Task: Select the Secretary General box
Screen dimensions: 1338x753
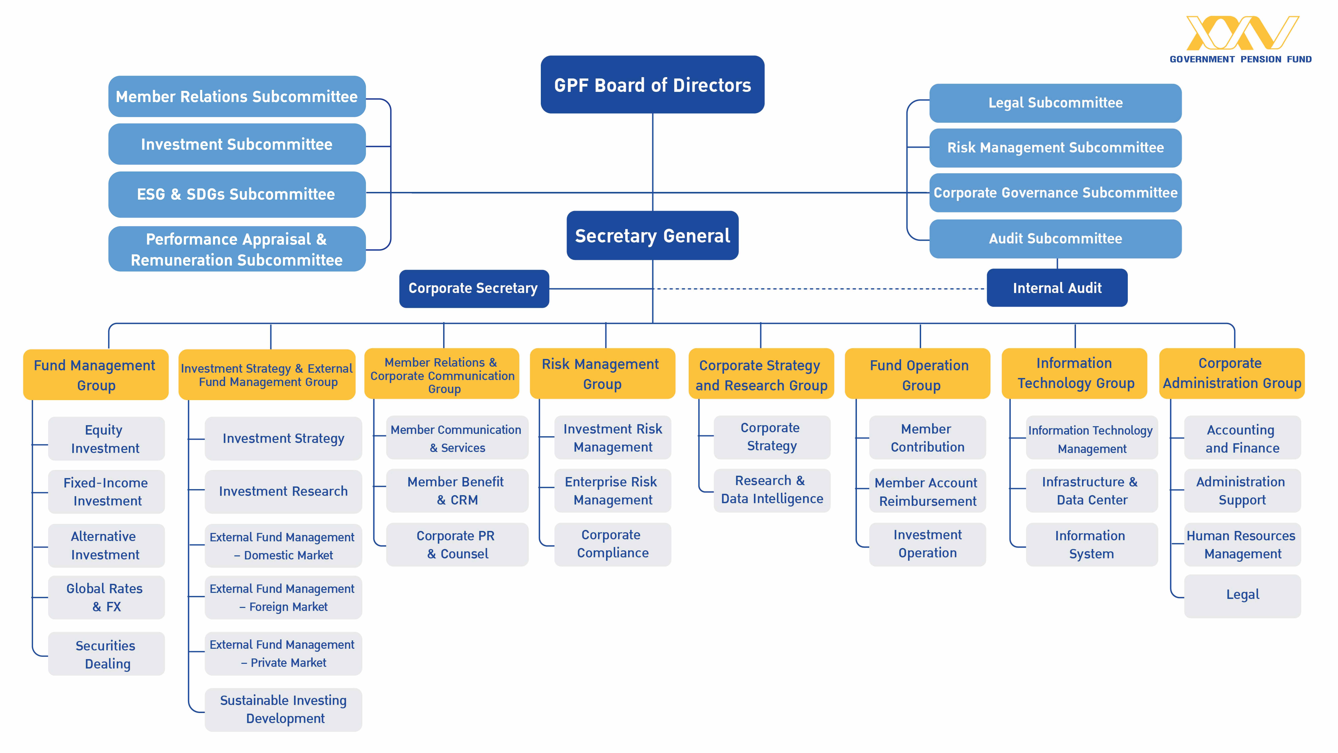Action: point(652,235)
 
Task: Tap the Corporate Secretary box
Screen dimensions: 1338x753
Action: point(474,288)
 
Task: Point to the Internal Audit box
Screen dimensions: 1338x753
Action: point(1057,288)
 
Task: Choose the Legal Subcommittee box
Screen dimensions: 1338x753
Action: point(1055,103)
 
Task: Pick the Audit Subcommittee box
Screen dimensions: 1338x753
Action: point(1055,238)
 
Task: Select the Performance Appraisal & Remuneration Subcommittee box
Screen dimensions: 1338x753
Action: point(237,249)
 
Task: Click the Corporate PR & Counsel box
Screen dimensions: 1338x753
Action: point(457,545)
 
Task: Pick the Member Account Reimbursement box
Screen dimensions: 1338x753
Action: point(928,492)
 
